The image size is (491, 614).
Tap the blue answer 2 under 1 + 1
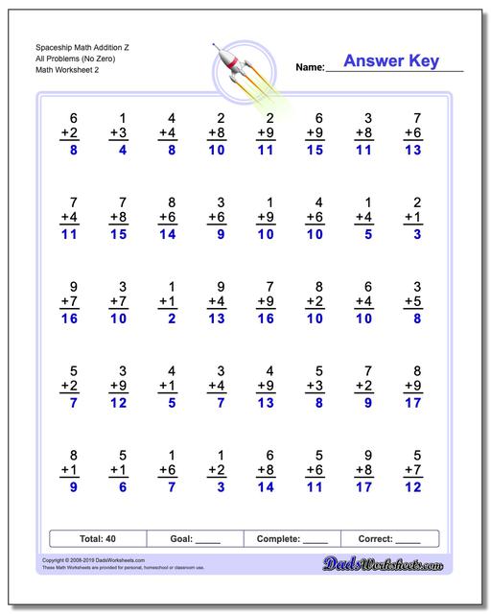(x=171, y=319)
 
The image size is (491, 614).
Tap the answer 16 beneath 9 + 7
(x=70, y=319)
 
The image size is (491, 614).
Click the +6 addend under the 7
(x=413, y=133)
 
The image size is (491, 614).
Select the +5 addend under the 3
(x=413, y=302)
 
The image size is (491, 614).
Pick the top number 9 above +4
(x=221, y=286)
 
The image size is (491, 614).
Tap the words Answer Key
(x=390, y=61)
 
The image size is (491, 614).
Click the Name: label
(x=310, y=67)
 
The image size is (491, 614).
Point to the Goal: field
(x=195, y=539)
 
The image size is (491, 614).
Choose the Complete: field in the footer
(x=292, y=539)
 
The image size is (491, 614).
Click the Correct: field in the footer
(x=389, y=539)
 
